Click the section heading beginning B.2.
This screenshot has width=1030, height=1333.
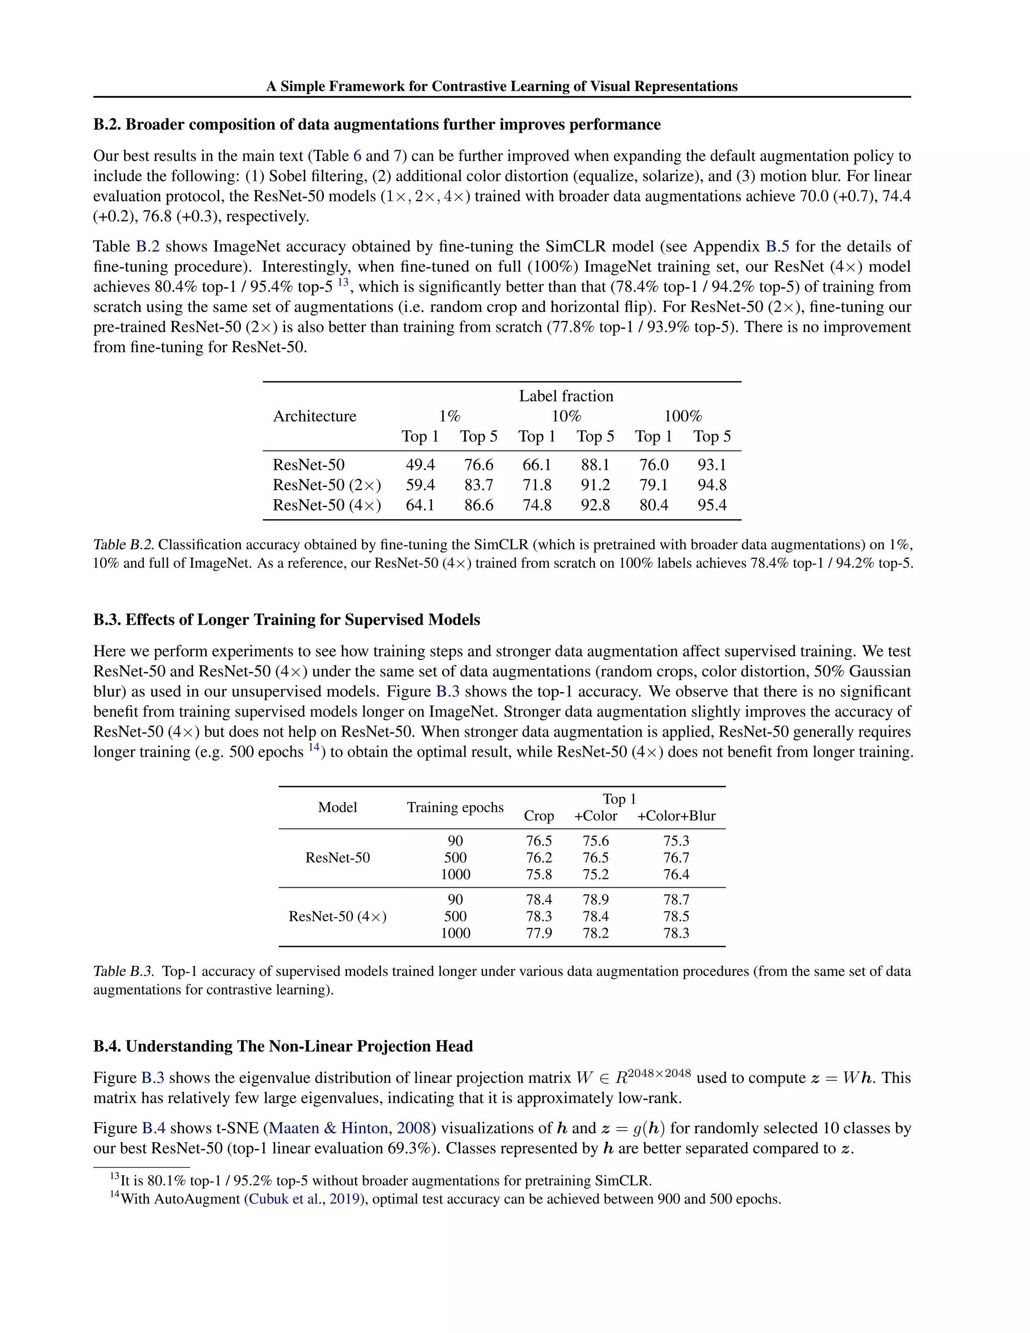click(x=377, y=125)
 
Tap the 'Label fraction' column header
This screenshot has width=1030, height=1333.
click(x=566, y=396)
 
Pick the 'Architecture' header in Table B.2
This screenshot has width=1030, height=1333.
click(x=314, y=416)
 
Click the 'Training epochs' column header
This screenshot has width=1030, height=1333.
click(x=455, y=807)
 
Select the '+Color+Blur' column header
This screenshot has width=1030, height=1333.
click(x=675, y=815)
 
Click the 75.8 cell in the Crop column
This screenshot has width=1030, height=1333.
click(x=539, y=874)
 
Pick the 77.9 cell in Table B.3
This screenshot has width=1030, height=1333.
click(x=539, y=933)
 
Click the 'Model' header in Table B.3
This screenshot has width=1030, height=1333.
click(x=337, y=807)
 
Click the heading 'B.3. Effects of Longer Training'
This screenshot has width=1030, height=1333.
click(x=286, y=620)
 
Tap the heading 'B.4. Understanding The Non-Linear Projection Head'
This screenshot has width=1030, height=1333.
click(x=283, y=1046)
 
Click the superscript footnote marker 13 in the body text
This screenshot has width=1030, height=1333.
click(x=343, y=282)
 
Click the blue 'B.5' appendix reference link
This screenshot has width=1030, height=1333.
click(x=777, y=246)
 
